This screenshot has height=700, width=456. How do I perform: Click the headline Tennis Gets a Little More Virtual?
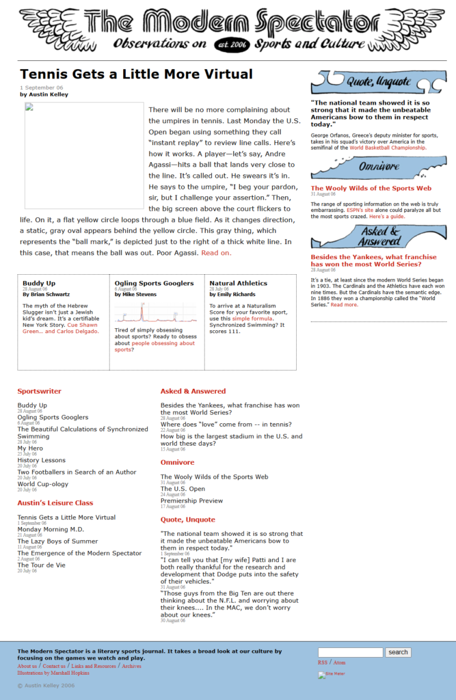pos(136,75)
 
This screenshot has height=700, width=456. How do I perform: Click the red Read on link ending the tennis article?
pos(216,253)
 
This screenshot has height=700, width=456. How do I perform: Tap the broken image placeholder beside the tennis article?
pos(84,156)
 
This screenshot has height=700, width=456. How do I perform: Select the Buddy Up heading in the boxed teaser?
pos(39,283)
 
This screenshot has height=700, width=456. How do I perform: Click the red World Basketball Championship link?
pos(388,147)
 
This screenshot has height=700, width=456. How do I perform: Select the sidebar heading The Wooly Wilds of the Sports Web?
pos(371,188)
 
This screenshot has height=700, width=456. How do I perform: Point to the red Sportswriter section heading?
pos(39,392)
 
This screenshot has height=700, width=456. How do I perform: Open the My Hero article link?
pos(30,448)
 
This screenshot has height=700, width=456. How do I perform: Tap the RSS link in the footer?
pos(323,662)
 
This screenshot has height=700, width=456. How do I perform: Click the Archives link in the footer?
pos(132,666)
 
